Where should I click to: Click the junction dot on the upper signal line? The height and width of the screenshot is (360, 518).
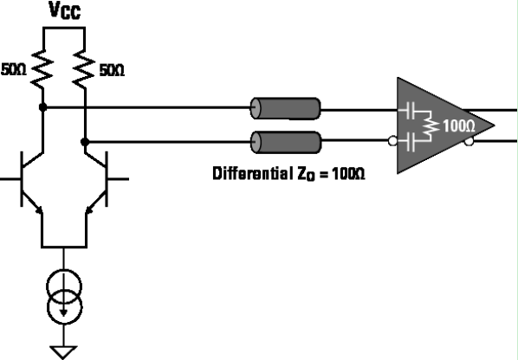coord(43,108)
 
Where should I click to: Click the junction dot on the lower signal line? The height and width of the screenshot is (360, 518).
coord(85,139)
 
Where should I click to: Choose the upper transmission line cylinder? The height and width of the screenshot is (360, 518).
coord(285,108)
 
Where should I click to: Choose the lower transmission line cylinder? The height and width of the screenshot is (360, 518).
coord(285,140)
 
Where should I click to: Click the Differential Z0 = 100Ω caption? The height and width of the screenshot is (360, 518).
coord(289,173)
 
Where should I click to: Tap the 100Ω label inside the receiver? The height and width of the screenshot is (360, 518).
coord(458,125)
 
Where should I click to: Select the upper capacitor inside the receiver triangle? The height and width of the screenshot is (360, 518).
coord(410,112)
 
